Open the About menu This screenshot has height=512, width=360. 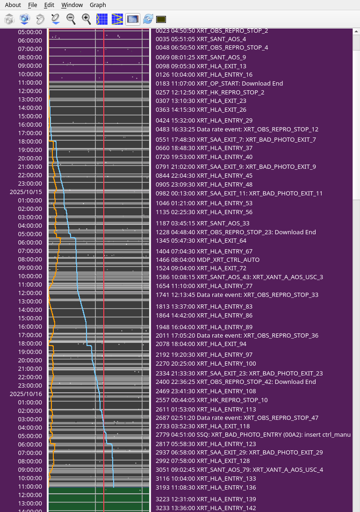13,5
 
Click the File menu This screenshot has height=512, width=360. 32,5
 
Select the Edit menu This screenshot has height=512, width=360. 49,5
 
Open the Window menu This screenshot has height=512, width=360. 72,5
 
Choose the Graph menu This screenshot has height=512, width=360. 98,5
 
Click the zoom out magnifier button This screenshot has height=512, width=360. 71,19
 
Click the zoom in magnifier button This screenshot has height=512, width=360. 86,19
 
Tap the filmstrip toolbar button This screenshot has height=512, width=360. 133,19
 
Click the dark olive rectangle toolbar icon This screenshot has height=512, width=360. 161,19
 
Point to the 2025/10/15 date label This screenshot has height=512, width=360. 26,192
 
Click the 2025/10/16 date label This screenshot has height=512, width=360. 26,394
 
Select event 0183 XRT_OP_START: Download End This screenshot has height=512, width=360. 219,83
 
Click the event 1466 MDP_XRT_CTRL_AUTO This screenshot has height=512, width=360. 208,260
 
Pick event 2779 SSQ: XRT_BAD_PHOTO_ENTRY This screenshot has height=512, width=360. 253,435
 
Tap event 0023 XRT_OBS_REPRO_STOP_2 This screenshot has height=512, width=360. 212,31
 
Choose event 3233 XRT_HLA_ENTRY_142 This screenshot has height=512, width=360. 206,508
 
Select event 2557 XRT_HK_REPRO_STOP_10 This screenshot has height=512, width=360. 212,400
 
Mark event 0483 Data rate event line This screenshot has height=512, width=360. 237,129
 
